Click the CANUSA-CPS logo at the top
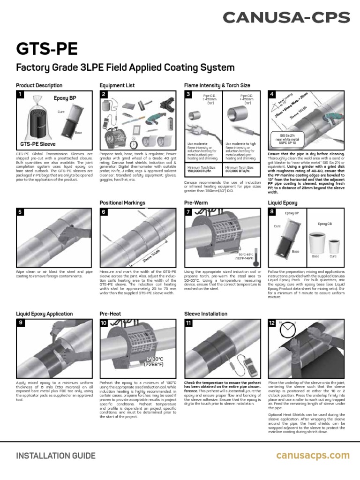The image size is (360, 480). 286,18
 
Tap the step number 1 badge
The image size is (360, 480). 20,95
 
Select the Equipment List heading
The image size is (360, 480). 117,85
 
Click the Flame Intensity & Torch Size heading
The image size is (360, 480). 217,85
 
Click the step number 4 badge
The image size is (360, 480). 272,95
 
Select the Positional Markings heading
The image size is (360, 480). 122,202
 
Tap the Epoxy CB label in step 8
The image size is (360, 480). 325,224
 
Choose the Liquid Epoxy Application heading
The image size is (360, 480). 45,314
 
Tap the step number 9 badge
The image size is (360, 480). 20,323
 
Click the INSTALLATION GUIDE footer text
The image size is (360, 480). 56,456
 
